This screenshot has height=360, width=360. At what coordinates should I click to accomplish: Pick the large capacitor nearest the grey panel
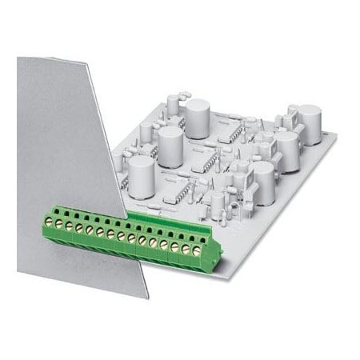141,173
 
